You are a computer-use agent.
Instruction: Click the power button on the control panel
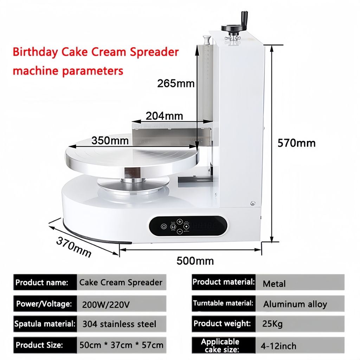[164, 226]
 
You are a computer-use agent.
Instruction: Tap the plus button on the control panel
[180, 221]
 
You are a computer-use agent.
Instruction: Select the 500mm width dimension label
[195, 261]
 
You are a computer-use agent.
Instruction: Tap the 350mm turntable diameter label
[110, 140]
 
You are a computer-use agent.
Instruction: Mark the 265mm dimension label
[175, 83]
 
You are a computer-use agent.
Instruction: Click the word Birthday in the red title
[35, 52]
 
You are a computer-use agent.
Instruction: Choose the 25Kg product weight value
[272, 324]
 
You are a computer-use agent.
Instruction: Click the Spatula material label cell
[45, 324]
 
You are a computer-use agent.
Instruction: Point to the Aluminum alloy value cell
[295, 304]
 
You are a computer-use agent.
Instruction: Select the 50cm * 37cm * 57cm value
[121, 345]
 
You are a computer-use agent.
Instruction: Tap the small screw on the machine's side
[252, 203]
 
